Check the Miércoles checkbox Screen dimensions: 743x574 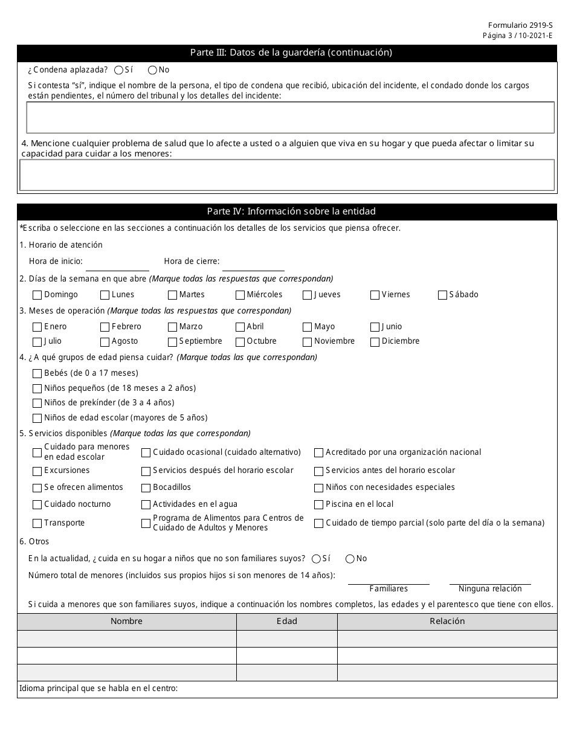click(240, 295)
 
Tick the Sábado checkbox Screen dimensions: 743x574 click(443, 295)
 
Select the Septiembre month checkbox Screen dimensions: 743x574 click(173, 341)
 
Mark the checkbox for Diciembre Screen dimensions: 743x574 click(375, 341)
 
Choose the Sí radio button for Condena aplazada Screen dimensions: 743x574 click(118, 69)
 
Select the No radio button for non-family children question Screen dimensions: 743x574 click(350, 559)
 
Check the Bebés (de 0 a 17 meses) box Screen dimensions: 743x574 click(37, 373)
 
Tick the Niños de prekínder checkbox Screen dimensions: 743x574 click(37, 403)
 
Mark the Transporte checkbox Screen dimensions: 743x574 click(37, 523)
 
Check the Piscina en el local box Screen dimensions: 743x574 click(318, 504)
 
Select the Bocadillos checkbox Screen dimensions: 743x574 click(146, 487)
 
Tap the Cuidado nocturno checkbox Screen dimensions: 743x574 click(37, 504)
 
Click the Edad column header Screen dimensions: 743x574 click(286, 622)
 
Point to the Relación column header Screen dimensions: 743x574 click(447, 622)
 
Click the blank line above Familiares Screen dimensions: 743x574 click(389, 579)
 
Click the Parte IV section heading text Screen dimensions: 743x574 click(291, 211)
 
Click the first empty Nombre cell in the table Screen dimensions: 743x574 click(127, 638)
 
